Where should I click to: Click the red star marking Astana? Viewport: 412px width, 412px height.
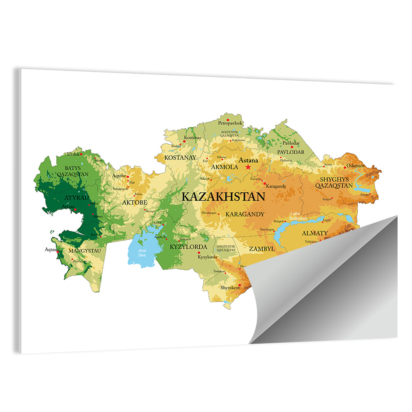pos(248,167)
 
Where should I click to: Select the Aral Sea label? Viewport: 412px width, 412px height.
pos(142,253)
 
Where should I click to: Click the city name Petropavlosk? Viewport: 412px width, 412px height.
pos(230,123)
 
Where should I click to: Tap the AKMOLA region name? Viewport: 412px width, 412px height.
pos(225,167)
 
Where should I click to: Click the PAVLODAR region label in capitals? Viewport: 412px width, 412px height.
pos(290,152)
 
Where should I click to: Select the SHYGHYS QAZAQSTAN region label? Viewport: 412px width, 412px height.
pos(334,183)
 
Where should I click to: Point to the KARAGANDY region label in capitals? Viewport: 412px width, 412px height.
pos(245,214)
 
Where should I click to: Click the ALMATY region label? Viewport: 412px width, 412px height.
pos(315,233)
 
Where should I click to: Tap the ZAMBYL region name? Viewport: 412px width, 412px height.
pos(262,249)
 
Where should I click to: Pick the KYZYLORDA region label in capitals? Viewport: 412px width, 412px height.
pos(188,247)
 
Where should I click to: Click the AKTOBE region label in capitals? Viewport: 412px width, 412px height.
pos(134,203)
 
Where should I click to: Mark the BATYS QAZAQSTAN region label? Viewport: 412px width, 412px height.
pos(76,171)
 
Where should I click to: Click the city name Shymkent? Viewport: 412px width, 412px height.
pos(230,288)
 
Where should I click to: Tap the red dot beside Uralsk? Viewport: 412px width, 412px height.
pos(81,154)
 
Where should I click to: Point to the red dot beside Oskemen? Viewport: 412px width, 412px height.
pos(345,168)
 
